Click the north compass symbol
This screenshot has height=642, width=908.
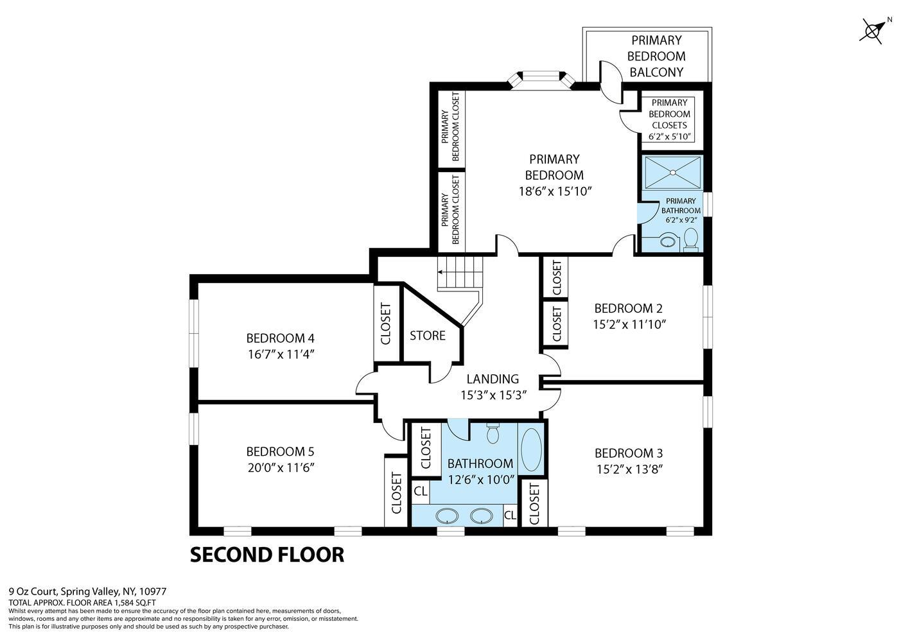point(873,30)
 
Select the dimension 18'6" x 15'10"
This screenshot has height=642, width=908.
point(554,191)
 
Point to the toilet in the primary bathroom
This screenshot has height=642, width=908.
point(691,239)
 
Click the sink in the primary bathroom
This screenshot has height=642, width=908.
point(668,242)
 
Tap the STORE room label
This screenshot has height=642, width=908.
point(428,335)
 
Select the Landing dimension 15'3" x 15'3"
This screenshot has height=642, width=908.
point(493,395)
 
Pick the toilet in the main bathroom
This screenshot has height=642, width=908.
point(493,433)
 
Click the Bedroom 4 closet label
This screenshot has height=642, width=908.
point(386,324)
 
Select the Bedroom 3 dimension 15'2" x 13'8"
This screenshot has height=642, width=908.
point(629,469)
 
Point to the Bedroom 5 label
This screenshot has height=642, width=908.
point(280,451)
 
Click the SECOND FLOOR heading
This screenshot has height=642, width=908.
point(266,554)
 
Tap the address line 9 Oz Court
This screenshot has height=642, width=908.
point(88,591)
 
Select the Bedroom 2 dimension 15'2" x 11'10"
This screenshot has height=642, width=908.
point(629,324)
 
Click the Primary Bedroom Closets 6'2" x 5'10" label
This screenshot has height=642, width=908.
point(669,119)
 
